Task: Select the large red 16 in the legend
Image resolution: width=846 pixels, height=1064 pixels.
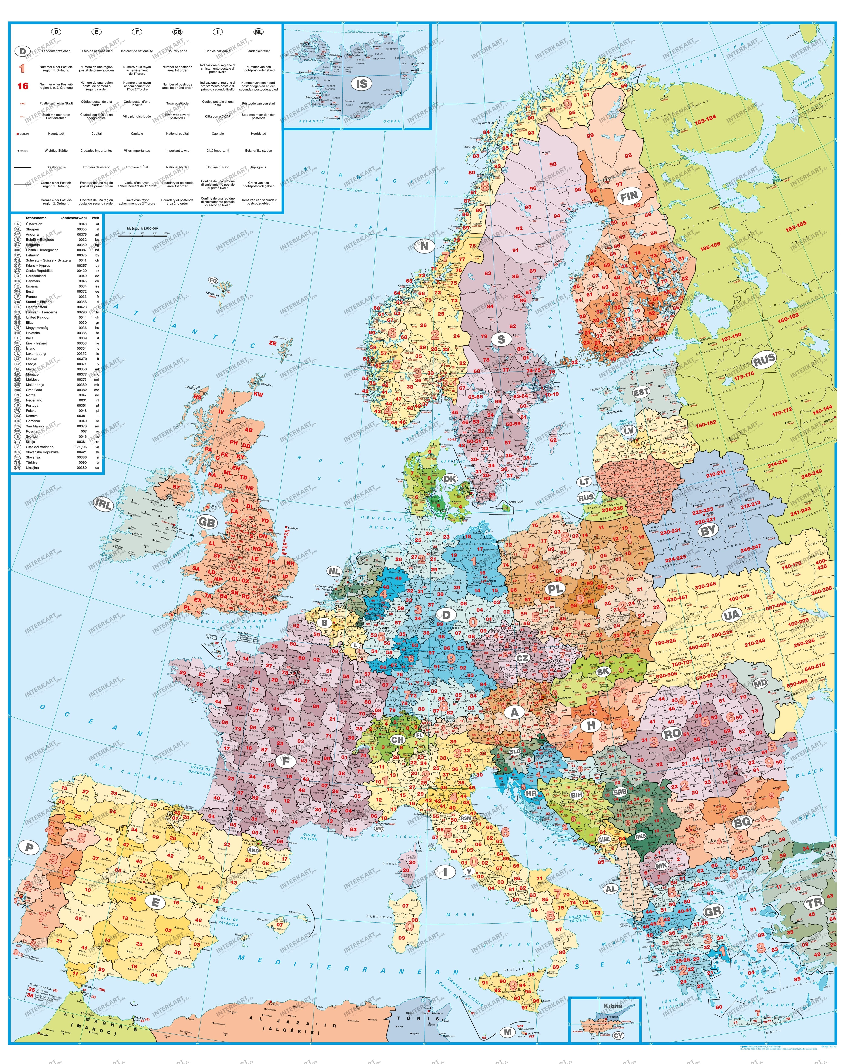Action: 23,86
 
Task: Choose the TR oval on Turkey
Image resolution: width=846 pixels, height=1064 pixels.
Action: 815,902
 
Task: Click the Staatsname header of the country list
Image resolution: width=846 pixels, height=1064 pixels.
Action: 36,218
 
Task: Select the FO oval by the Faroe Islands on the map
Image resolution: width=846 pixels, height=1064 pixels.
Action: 213,280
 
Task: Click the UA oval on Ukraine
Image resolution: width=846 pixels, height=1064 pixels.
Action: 732,615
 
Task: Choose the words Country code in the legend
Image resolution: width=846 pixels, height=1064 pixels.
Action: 177,51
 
